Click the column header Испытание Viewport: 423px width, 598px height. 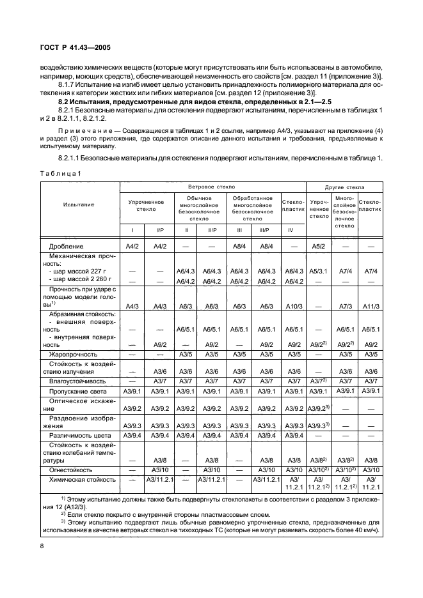click(x=79, y=204)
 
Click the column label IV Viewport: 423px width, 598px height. click(x=292, y=229)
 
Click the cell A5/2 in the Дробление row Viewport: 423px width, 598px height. click(x=318, y=245)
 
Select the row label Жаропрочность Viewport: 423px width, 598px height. click(x=74, y=353)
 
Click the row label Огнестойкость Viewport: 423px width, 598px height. click(x=72, y=469)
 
